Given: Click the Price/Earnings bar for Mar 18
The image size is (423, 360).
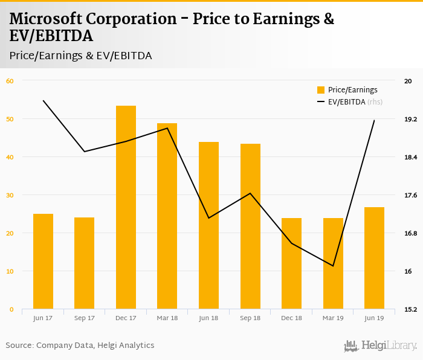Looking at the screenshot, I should point(167,216).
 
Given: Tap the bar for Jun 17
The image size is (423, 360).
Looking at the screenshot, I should point(43,262).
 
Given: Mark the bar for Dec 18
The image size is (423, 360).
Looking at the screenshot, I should point(291,263).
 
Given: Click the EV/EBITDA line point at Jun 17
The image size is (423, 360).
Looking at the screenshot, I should point(44,100).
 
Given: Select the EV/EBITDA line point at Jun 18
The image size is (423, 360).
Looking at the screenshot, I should point(208,218).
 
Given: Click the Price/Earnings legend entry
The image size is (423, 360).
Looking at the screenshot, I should point(348,90).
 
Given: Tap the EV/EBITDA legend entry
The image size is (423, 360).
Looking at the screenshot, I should point(349,102).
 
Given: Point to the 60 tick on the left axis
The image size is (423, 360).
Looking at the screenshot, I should point(9,80).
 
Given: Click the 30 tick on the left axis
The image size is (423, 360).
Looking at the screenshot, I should point(9,195).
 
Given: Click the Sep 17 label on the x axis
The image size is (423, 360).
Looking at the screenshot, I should point(84,318).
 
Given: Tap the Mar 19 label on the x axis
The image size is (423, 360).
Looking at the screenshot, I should point(333,318).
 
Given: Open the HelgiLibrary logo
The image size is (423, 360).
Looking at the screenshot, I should point(380,346).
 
